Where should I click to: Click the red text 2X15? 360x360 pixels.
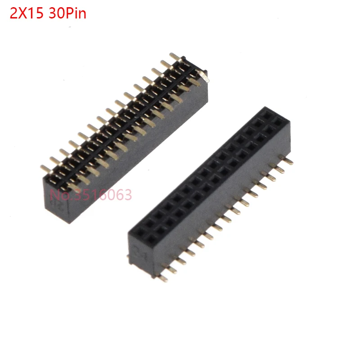(27, 13)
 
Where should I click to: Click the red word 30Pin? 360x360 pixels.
(67, 13)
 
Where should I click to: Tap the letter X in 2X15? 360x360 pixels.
(23, 13)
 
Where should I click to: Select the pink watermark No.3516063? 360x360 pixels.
(91, 195)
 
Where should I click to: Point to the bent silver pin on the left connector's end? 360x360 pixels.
(204, 76)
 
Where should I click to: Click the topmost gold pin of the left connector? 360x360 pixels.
(175, 57)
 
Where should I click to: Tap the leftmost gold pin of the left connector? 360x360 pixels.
(45, 168)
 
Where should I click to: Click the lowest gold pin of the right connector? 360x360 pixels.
(163, 278)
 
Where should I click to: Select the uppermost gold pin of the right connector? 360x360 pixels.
(286, 159)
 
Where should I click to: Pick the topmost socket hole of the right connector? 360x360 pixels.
(267, 114)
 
